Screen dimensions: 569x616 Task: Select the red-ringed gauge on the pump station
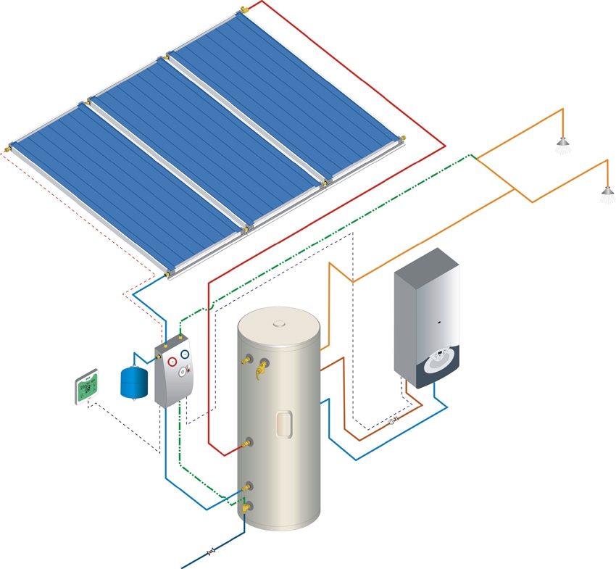172,360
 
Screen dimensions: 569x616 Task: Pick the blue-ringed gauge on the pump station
185,354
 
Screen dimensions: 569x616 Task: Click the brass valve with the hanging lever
259,373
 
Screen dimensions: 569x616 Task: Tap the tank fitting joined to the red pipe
249,441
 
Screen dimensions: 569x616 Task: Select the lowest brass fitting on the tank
248,510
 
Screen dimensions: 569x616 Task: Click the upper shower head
562,147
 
